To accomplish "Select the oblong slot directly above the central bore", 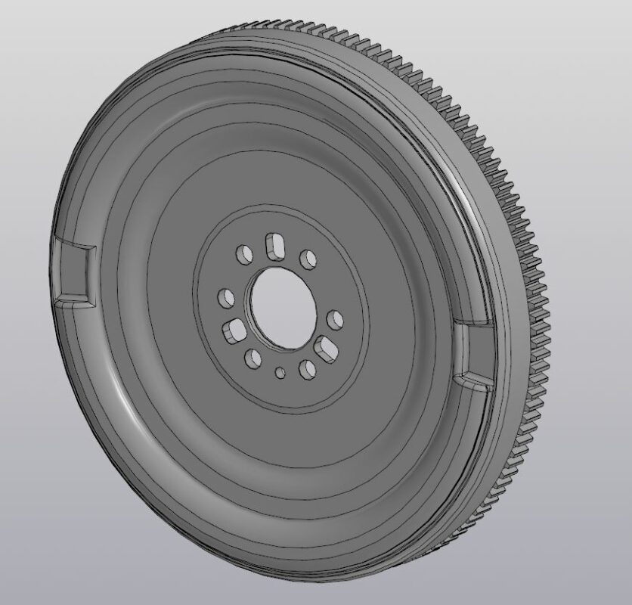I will click(273, 246).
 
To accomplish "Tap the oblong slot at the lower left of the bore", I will click(234, 330).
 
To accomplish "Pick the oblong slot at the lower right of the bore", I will click(327, 349).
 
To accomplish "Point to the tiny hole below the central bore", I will click(280, 372).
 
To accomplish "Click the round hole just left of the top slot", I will click(243, 254).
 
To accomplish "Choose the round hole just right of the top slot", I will click(308, 260).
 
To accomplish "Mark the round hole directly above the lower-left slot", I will click(225, 298).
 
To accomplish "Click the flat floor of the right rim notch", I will click(478, 352).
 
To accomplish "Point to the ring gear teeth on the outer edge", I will click(530, 302).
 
